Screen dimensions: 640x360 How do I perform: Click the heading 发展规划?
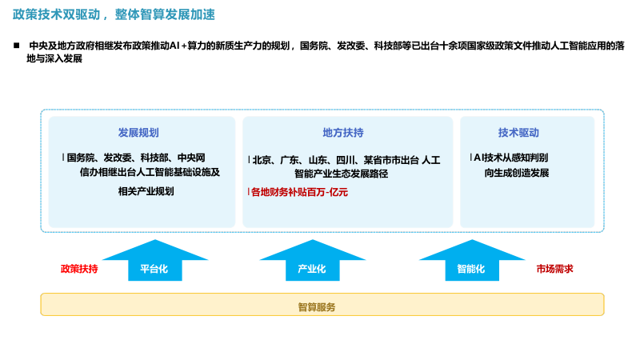[x=138, y=133]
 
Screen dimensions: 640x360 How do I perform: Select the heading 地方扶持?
[x=343, y=133]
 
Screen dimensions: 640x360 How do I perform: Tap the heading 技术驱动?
[x=518, y=133]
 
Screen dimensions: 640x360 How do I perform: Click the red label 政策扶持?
[x=79, y=269]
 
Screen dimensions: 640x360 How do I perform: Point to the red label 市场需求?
[x=554, y=269]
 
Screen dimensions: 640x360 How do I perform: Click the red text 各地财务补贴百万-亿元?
[x=299, y=192]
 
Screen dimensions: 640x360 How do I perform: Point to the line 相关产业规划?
[x=146, y=191]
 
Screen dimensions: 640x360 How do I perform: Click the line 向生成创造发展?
[x=516, y=172]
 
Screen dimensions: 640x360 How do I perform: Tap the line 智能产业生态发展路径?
[x=341, y=173]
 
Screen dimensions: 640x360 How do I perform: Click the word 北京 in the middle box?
[x=262, y=160]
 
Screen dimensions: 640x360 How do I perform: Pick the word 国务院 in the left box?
[x=82, y=158]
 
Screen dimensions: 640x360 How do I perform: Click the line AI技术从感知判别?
[x=511, y=158]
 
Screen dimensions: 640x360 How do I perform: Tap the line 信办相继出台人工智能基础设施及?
[x=149, y=172]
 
